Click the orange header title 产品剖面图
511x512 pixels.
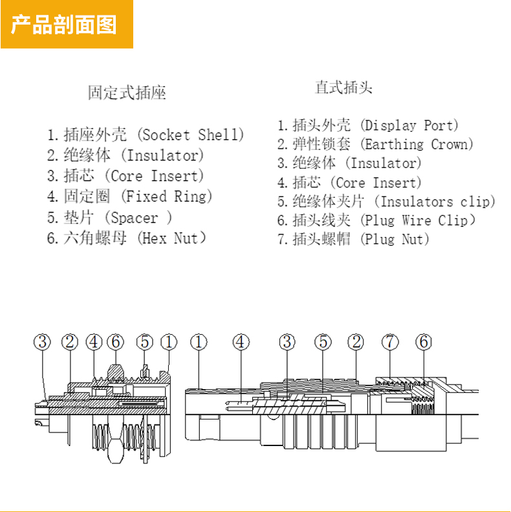click(x=64, y=25)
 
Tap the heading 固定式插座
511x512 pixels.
click(x=127, y=93)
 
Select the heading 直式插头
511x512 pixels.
click(x=343, y=87)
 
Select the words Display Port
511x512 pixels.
click(x=411, y=125)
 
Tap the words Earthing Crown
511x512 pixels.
click(x=417, y=144)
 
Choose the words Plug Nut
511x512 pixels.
click(x=396, y=239)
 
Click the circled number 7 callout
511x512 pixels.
click(x=390, y=342)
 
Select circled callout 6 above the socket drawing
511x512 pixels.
click(x=116, y=342)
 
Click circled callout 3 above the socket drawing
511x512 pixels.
click(x=43, y=342)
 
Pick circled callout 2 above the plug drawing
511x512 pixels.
click(x=355, y=342)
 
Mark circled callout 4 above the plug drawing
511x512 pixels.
click(x=241, y=342)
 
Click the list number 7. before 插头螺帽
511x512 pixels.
click(x=283, y=239)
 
